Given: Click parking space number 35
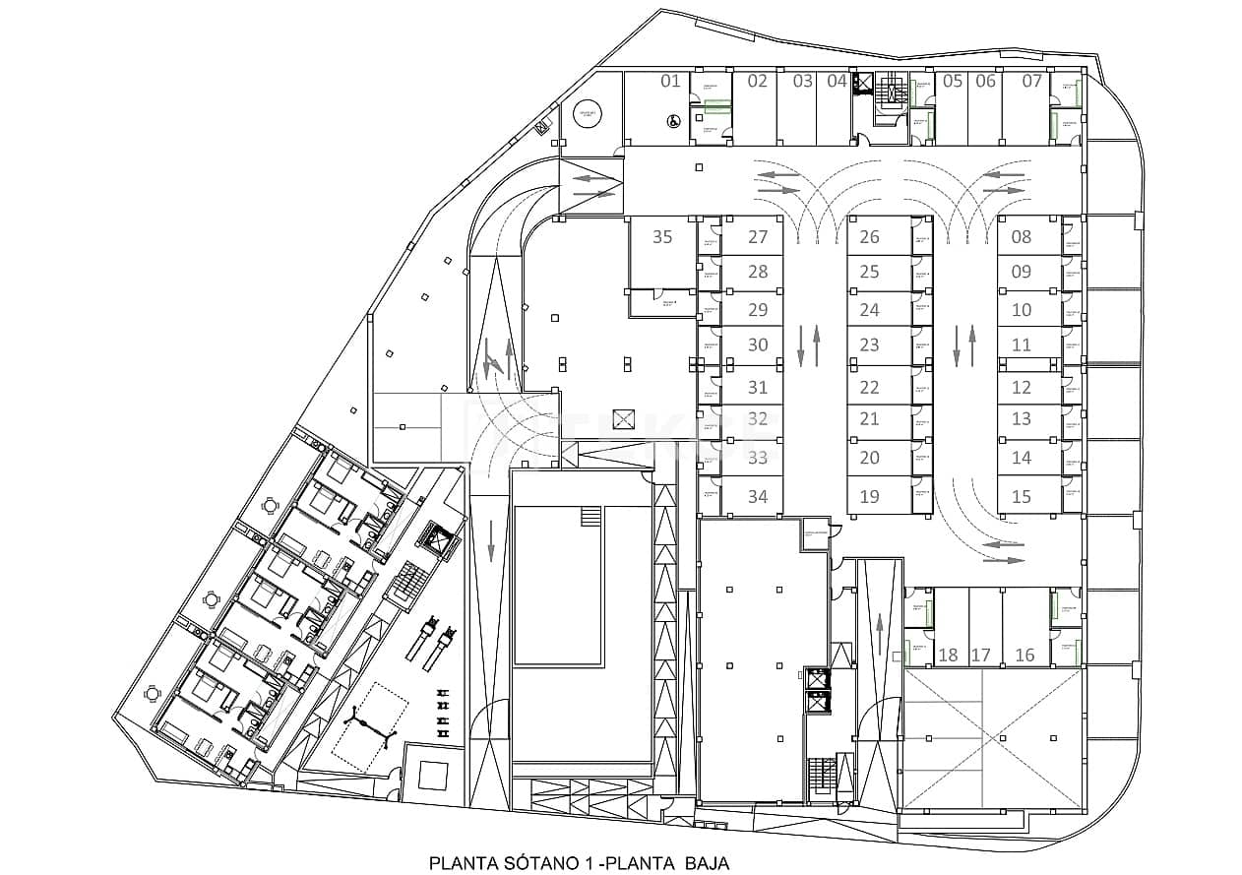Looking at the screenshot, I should click(662, 236).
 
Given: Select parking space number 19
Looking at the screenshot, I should click(869, 496).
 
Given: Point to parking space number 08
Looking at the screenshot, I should click(1021, 236).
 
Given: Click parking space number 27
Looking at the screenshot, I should click(757, 236).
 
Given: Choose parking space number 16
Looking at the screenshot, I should click(1025, 655).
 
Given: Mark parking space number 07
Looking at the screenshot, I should click(1030, 81).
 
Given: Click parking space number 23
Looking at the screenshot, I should click(869, 344).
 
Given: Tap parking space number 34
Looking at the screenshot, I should click(757, 496).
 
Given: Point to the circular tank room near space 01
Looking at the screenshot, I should click(590, 114).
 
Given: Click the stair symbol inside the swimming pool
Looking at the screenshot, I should click(590, 517).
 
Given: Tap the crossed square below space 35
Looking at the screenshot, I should click(624, 418).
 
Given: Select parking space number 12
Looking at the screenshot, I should click(1021, 388).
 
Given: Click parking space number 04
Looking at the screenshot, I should click(837, 81).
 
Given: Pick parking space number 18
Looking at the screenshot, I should click(948, 655).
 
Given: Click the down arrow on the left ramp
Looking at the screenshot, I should click(491, 540).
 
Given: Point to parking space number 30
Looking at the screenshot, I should click(757, 344).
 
